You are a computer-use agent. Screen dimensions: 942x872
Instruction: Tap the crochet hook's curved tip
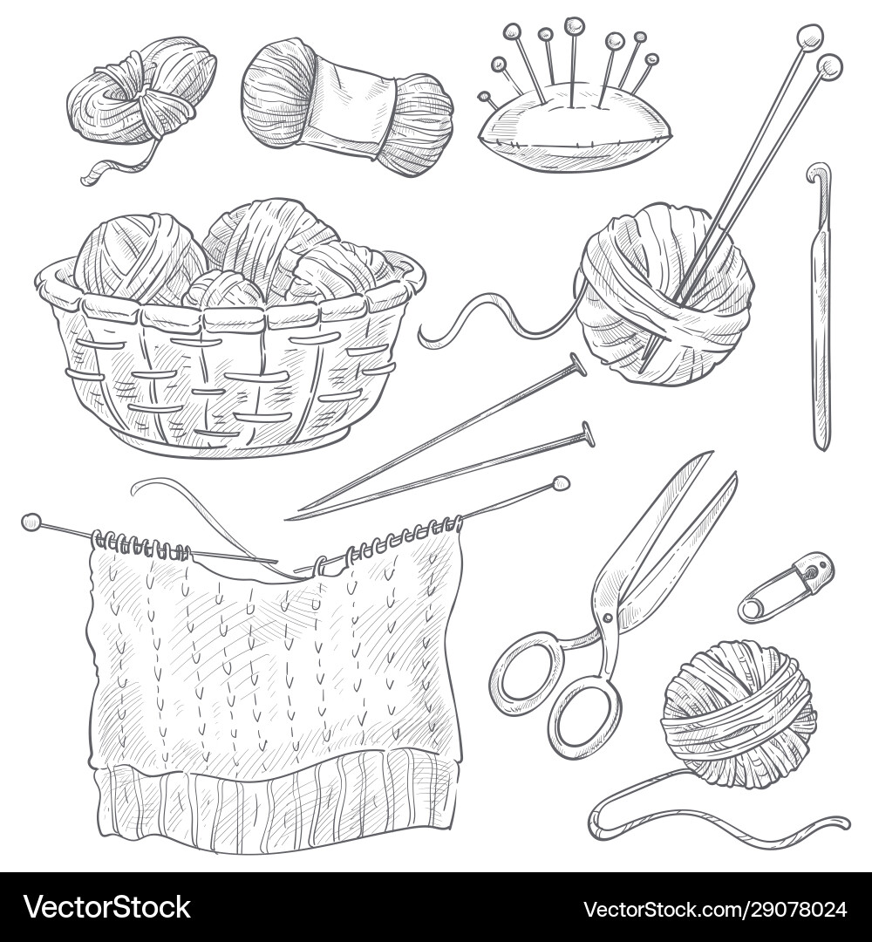818,171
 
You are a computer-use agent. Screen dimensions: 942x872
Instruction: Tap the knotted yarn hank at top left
140,92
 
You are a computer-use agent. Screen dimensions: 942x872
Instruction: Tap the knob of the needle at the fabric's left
31,522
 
